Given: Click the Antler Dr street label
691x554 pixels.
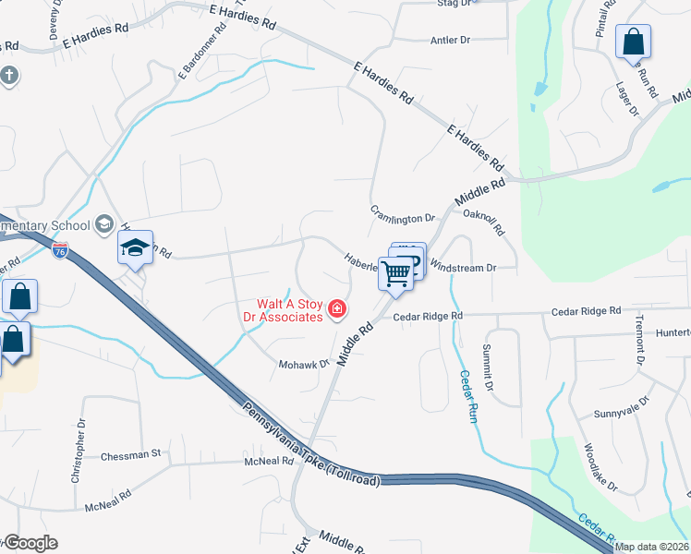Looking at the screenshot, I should point(451,41).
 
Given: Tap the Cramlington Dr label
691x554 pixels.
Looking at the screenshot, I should point(403,218).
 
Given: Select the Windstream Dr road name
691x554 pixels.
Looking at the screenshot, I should point(464,268).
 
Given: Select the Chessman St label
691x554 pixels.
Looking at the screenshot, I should point(130,454).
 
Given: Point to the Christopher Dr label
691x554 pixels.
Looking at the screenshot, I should point(79,452).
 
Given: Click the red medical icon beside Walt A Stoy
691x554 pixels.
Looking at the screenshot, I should point(337,308).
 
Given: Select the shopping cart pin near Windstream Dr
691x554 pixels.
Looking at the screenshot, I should point(395,273).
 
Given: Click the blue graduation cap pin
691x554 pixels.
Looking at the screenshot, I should point(135,247).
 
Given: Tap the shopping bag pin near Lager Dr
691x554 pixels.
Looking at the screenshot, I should point(633,42).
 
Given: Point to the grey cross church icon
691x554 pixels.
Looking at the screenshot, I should point(9,75).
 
